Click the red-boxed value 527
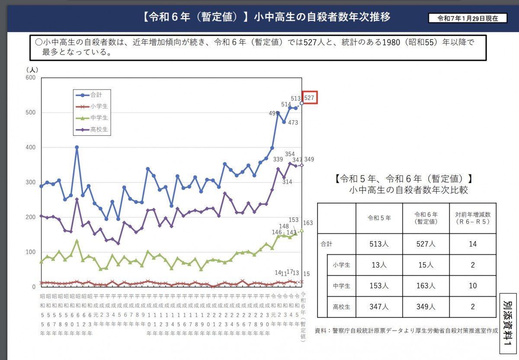(309, 97)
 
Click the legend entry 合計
(96, 95)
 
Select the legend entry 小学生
(96, 106)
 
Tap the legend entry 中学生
(96, 118)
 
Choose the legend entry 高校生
(96, 129)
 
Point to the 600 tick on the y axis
(30, 78)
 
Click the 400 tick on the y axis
(30, 148)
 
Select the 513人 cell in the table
(379, 244)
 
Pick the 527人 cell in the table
(426, 244)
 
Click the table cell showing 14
(472, 244)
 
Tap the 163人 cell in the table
(426, 286)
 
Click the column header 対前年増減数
(472, 218)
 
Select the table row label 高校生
(341, 307)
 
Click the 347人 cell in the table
(379, 307)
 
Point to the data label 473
(293, 123)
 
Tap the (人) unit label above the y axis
(32, 69)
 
